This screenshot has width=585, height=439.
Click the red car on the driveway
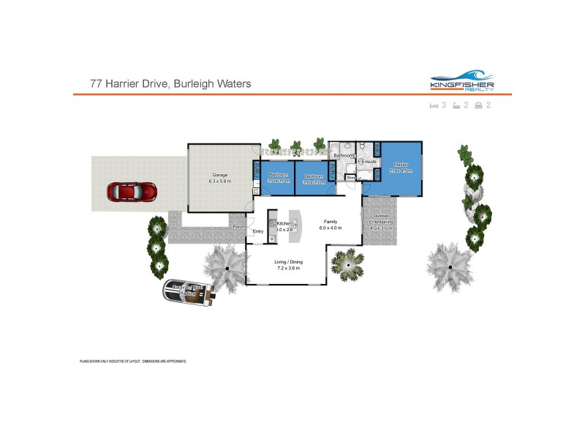tap(133, 192)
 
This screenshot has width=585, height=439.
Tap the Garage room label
tap(219, 176)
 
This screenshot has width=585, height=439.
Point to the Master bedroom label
tap(401, 165)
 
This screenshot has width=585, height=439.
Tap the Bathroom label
tap(344, 156)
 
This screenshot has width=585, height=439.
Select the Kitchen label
tap(284, 223)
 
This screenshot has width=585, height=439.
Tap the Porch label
tap(238, 227)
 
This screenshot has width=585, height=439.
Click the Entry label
tap(257, 232)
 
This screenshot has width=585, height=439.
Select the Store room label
tap(350, 177)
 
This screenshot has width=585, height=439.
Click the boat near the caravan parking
tap(188, 294)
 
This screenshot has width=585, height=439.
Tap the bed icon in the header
tap(433, 106)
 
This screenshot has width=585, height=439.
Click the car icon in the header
tap(478, 106)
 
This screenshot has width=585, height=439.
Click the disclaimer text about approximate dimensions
tap(133, 361)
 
